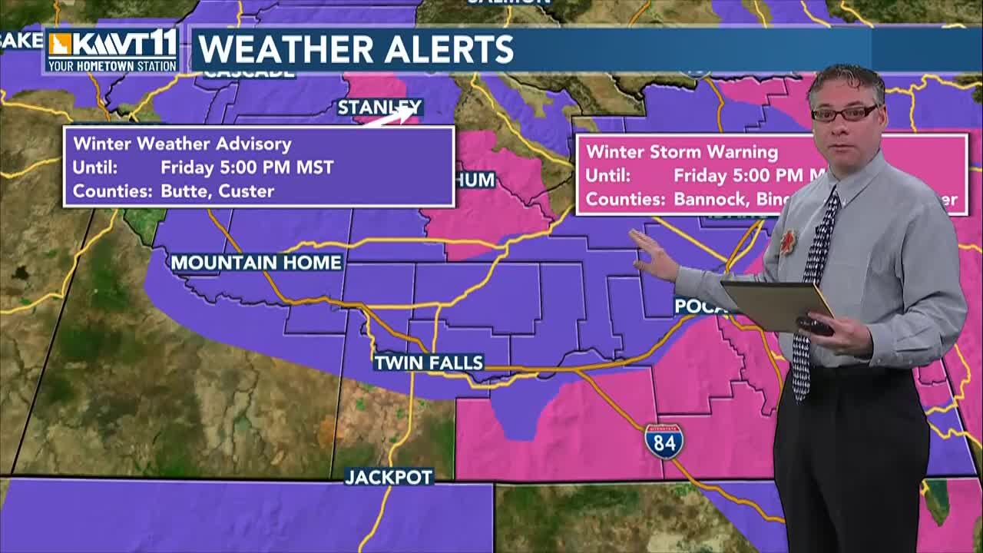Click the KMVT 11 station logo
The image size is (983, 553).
[x=112, y=51]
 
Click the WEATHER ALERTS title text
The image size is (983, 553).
[x=356, y=50]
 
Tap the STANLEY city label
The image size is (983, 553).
[x=379, y=107]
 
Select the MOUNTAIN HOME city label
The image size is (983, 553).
[x=256, y=263]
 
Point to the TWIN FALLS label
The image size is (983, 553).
[x=429, y=363]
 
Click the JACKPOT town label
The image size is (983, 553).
[x=389, y=477]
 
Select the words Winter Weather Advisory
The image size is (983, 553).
[x=182, y=144]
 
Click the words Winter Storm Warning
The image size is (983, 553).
[x=682, y=151]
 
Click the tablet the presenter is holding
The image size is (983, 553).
[x=776, y=304]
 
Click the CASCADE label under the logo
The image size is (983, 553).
[x=249, y=74]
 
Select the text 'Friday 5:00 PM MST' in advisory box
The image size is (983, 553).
[x=247, y=167]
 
